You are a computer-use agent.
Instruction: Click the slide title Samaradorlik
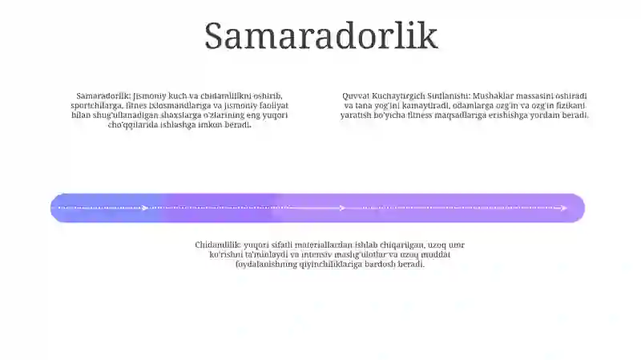tap(320, 36)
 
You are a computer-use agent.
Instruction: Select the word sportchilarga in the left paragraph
tap(97, 106)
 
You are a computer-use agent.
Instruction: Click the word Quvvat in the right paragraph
tap(356, 96)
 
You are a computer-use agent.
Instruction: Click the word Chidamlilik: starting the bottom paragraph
tap(217, 245)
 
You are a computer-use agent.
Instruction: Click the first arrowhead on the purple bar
tap(145, 208)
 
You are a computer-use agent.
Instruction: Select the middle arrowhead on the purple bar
tap(342, 208)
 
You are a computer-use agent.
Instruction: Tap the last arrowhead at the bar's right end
tap(564, 208)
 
